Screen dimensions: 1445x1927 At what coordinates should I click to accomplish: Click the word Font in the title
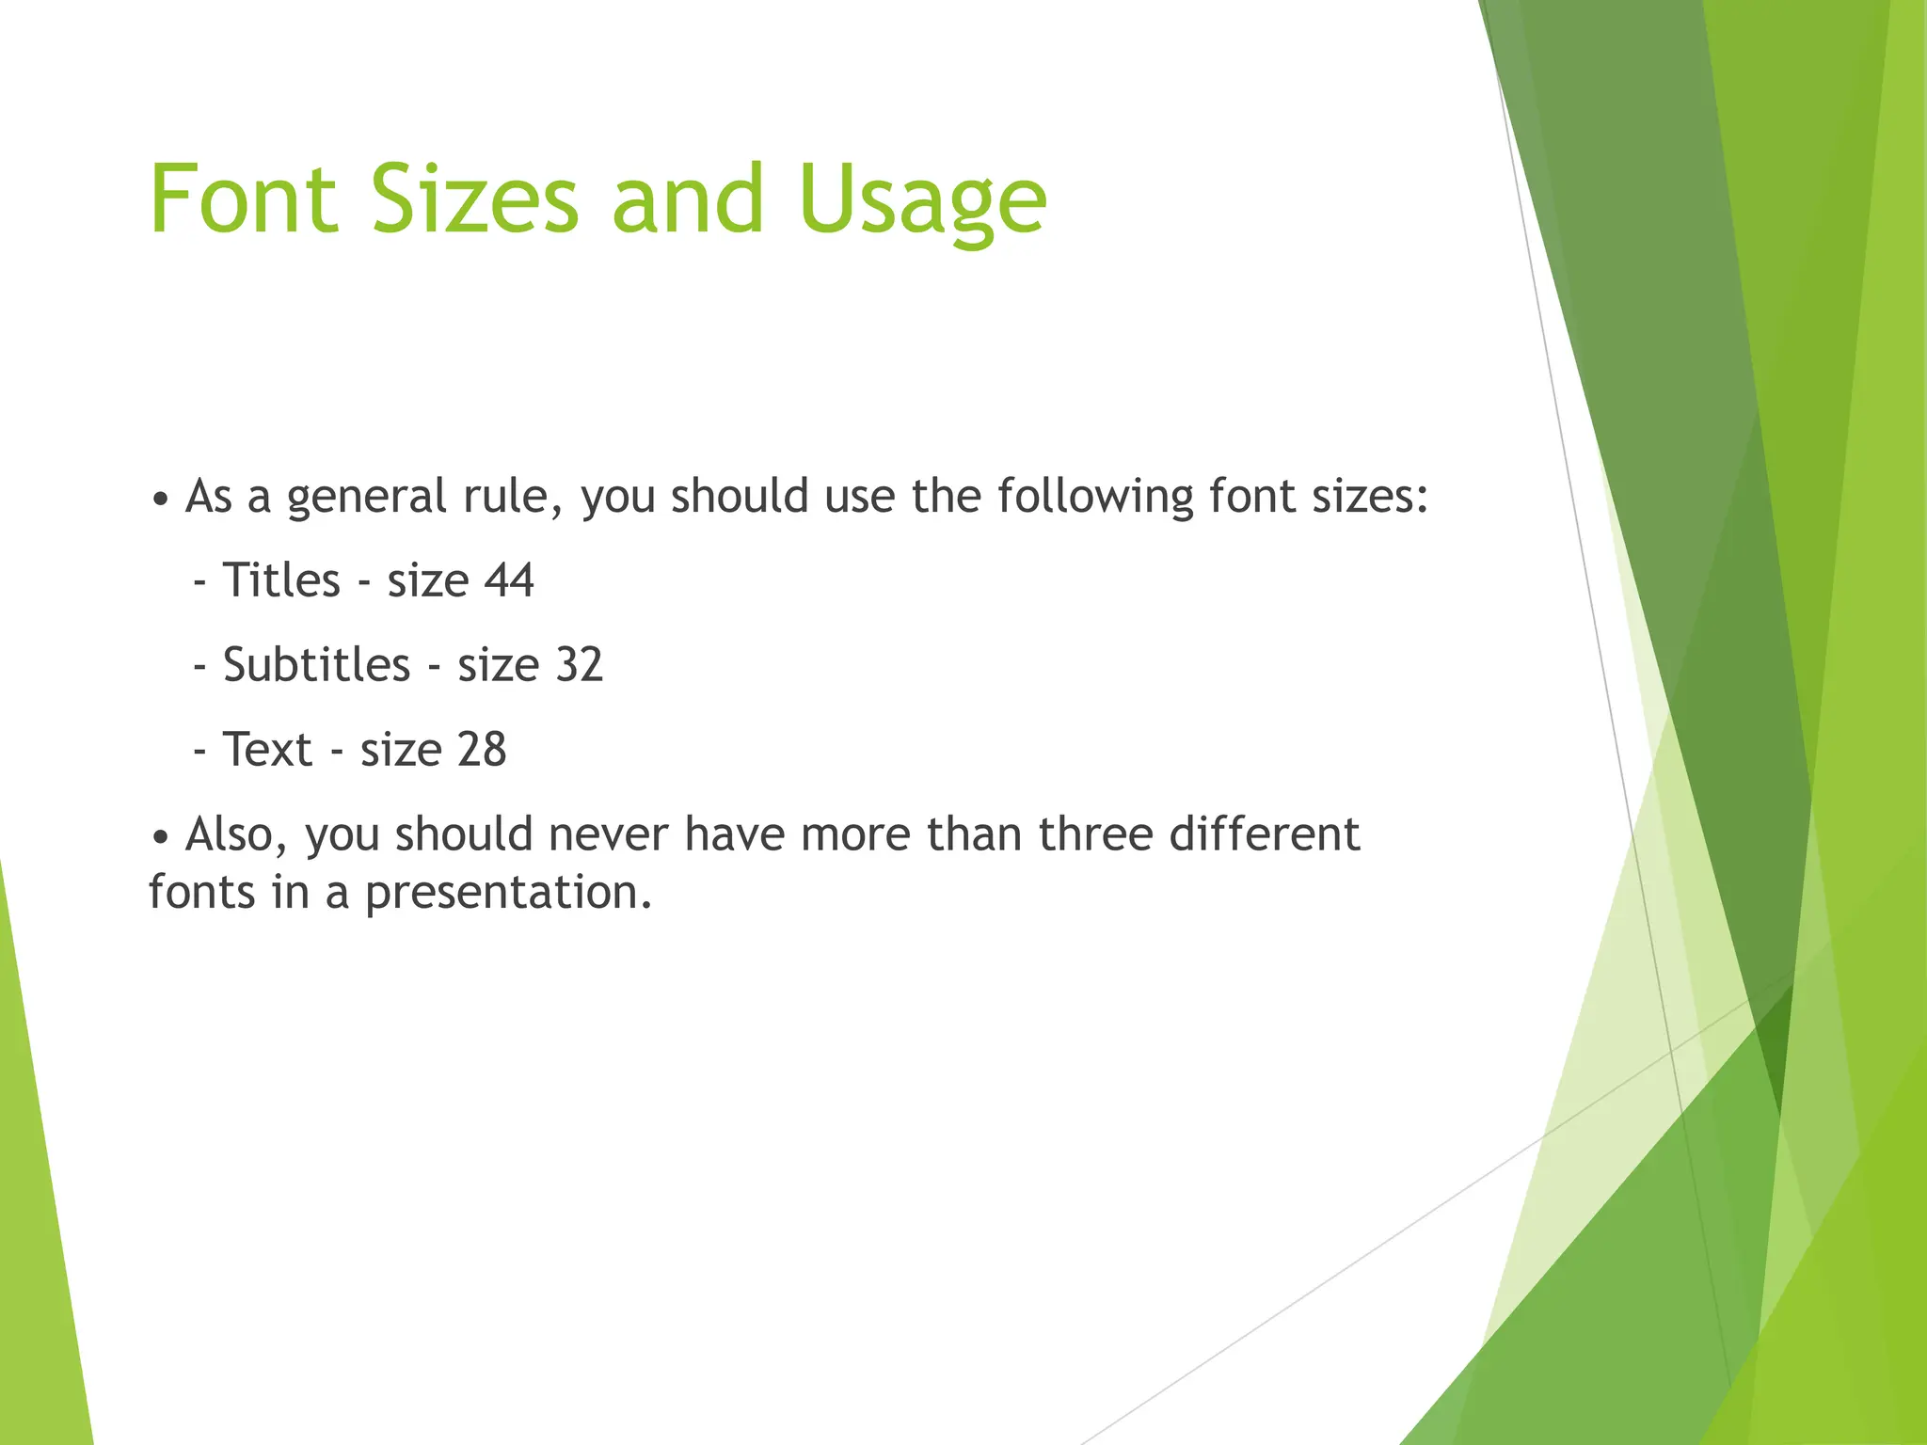click(243, 199)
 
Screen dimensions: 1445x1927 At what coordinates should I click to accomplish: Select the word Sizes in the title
click(475, 199)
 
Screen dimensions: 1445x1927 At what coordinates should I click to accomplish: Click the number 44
click(509, 580)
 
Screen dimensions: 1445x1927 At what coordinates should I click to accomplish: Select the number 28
click(482, 750)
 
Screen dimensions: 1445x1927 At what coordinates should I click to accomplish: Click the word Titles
click(281, 580)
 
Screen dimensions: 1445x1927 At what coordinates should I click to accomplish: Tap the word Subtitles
click(316, 665)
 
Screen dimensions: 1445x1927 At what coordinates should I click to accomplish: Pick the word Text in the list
click(267, 750)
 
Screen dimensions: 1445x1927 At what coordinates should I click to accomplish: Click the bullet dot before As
click(161, 500)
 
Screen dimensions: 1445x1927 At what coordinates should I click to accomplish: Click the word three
click(1095, 834)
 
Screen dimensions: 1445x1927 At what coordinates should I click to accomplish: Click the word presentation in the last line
click(508, 893)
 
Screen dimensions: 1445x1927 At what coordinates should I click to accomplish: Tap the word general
click(366, 498)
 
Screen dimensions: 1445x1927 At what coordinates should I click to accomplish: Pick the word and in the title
click(687, 199)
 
